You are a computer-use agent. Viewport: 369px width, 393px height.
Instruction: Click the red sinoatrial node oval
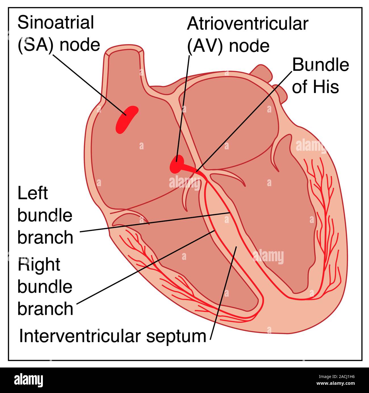127,119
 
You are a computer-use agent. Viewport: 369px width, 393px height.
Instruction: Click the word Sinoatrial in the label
56,22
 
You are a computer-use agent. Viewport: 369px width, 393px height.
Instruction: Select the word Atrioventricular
247,24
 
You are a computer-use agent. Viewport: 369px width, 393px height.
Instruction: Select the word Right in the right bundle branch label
39,265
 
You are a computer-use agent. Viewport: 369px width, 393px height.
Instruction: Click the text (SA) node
59,45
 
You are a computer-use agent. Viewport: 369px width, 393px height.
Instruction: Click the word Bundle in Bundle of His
320,65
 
